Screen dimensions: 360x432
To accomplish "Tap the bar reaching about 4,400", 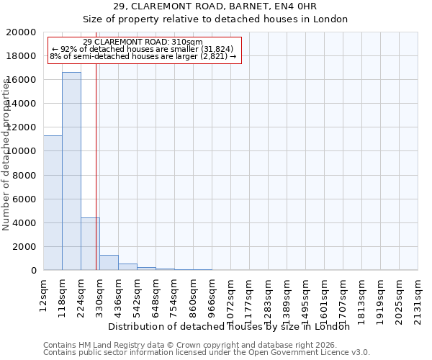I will click(x=90, y=244).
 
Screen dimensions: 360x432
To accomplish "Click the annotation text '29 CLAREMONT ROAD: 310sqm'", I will click(x=143, y=42).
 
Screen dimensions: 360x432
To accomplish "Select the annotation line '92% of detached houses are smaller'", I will click(x=143, y=49).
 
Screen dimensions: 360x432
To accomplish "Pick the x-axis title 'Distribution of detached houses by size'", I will click(x=233, y=326).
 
